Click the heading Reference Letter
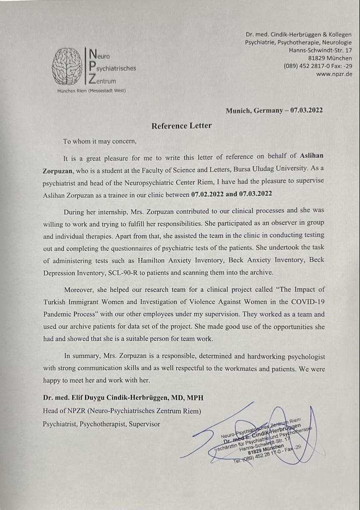(x=181, y=126)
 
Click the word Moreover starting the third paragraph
(x=80, y=289)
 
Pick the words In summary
(x=81, y=356)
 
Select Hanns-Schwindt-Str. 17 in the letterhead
(x=320, y=50)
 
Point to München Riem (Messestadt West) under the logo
(x=92, y=90)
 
